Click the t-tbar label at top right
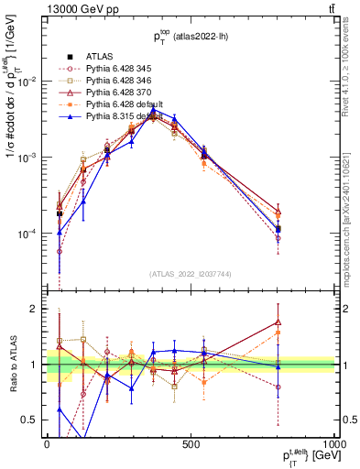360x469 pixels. tap(328, 9)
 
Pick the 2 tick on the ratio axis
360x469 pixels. tap(37, 309)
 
